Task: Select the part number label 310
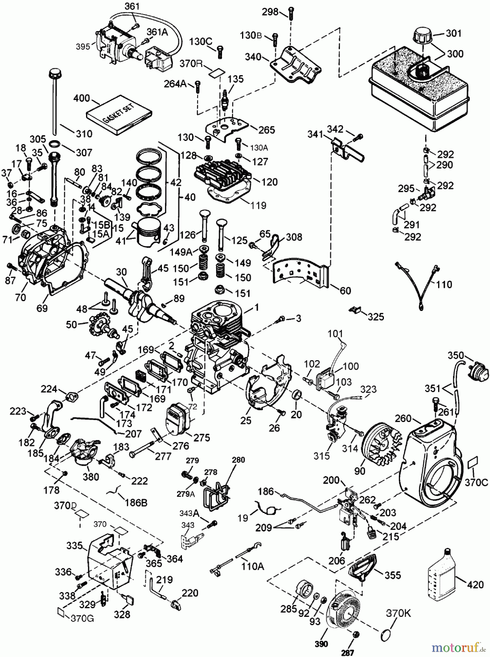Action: point(84,134)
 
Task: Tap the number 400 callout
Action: point(82,99)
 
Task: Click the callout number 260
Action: point(403,418)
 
